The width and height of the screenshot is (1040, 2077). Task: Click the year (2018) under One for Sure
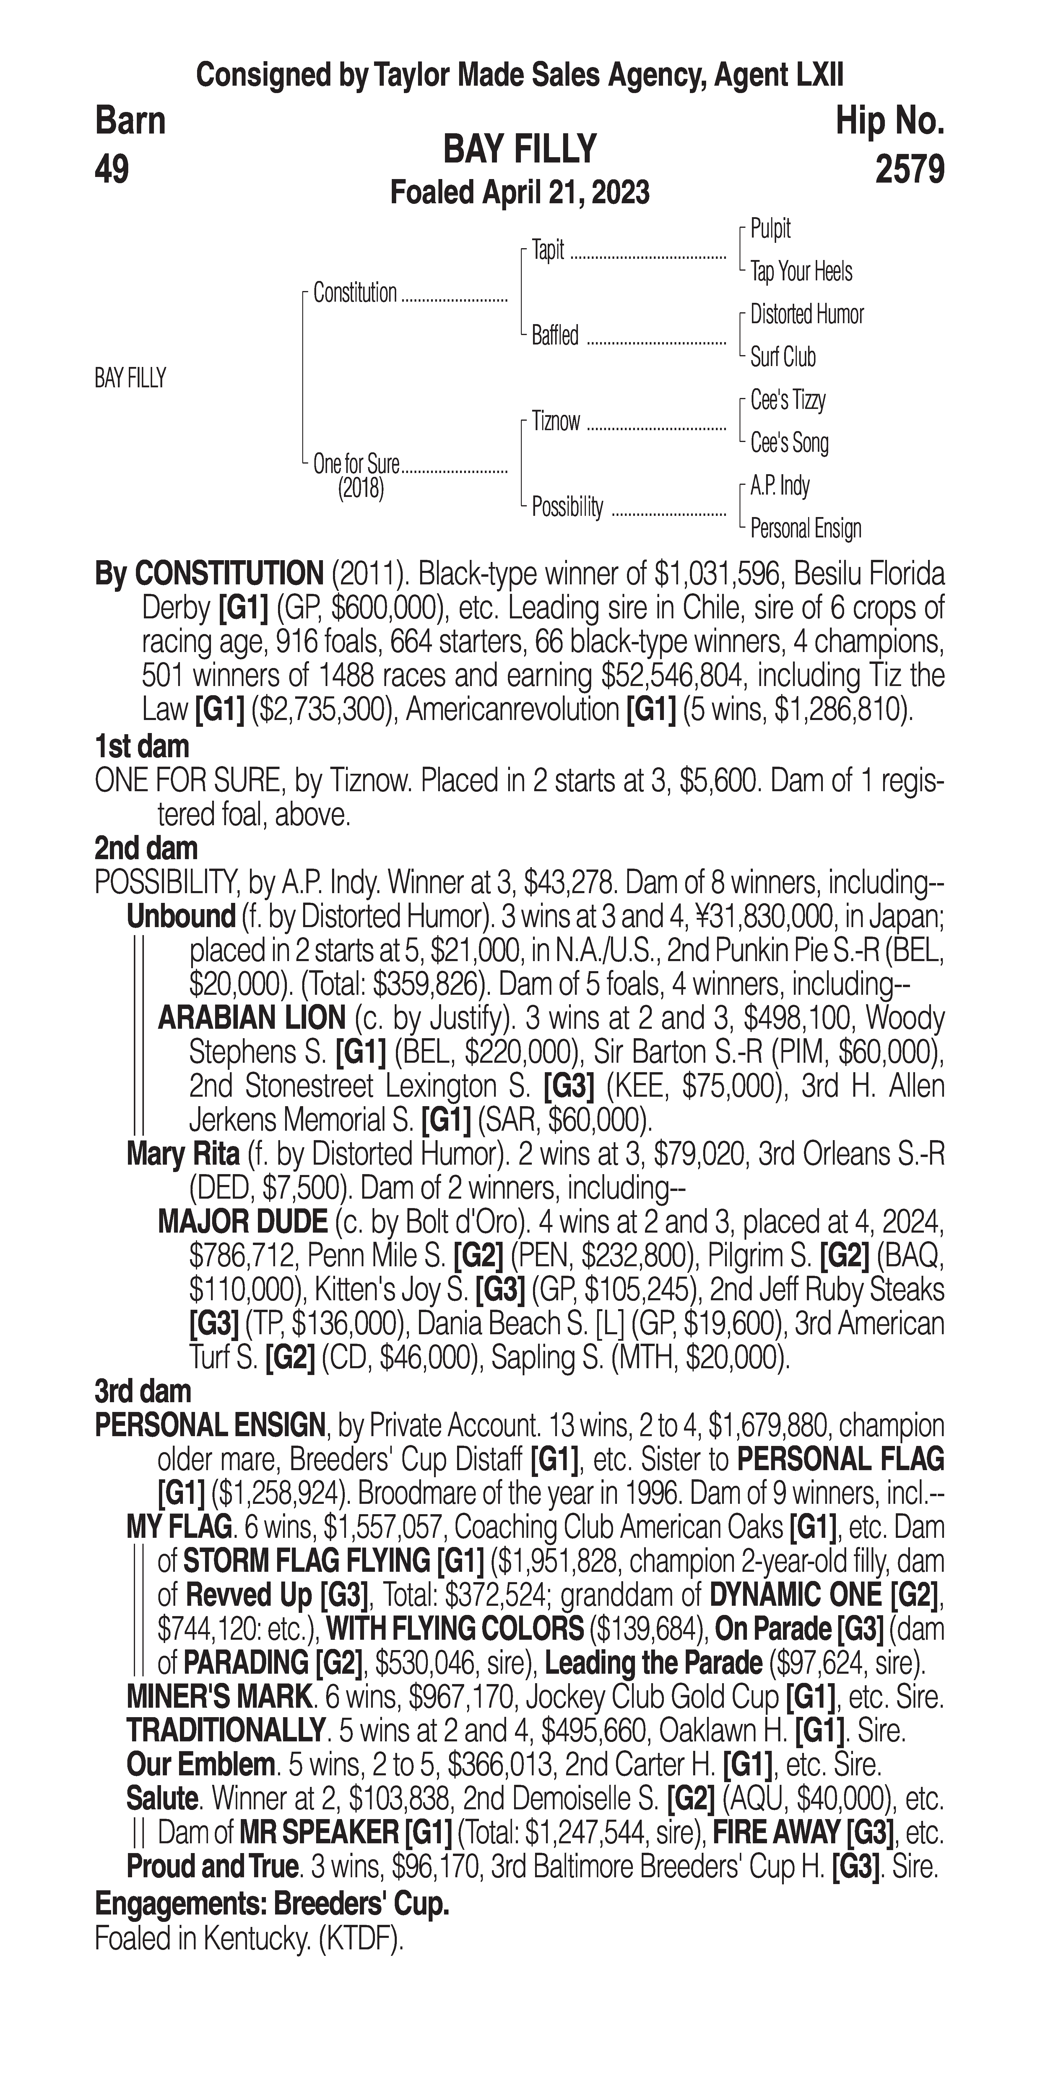[360, 489]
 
